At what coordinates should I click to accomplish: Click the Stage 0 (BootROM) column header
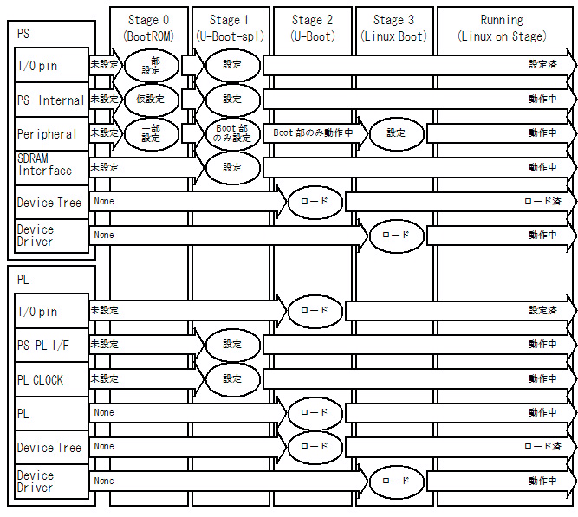[148, 27]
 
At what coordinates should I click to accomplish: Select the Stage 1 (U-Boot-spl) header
[231, 27]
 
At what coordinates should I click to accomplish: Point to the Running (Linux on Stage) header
[502, 27]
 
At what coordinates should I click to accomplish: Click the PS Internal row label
[51, 100]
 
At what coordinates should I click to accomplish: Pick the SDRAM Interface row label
[45, 165]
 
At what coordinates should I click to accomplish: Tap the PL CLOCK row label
[40, 379]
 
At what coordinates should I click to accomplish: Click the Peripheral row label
[47, 134]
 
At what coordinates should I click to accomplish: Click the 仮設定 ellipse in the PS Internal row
[151, 100]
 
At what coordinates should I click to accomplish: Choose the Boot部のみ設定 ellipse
[232, 133]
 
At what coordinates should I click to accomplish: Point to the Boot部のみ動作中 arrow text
[313, 133]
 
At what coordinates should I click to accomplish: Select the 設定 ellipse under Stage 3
[396, 133]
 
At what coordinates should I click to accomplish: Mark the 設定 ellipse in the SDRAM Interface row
[232, 167]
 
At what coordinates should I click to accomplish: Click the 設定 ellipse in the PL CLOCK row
[232, 378]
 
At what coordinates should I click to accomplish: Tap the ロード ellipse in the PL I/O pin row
[315, 310]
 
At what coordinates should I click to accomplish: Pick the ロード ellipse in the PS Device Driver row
[396, 235]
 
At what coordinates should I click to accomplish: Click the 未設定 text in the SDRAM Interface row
[104, 167]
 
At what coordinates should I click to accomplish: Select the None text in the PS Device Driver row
[104, 235]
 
